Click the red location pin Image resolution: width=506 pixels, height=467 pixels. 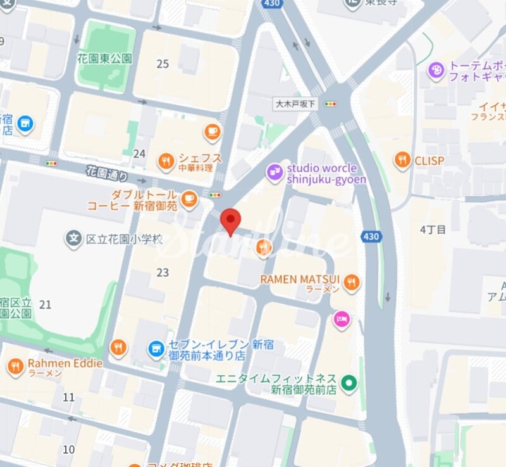point(231,221)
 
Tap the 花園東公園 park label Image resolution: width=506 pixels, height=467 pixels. point(105,58)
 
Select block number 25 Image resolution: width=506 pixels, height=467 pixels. point(163,64)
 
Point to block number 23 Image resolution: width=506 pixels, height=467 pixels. point(163,272)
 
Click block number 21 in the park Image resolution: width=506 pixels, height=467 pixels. point(45,305)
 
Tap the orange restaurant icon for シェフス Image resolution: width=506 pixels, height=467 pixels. point(166,160)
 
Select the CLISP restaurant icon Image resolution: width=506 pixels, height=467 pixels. point(402,160)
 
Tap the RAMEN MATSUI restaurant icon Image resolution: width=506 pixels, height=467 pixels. point(352,283)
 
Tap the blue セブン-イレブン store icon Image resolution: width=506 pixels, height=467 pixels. point(156,349)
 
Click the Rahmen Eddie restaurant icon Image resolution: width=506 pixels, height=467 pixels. point(15,366)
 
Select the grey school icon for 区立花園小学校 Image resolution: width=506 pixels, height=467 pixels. point(74,239)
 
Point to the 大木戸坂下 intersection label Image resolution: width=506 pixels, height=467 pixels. point(295,104)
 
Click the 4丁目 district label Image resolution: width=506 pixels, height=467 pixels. point(433,229)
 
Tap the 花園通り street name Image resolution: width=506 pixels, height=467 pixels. point(107,173)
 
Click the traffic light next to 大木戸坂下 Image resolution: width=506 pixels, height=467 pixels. point(330,104)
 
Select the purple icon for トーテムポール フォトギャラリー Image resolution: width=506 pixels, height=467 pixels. point(436,70)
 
